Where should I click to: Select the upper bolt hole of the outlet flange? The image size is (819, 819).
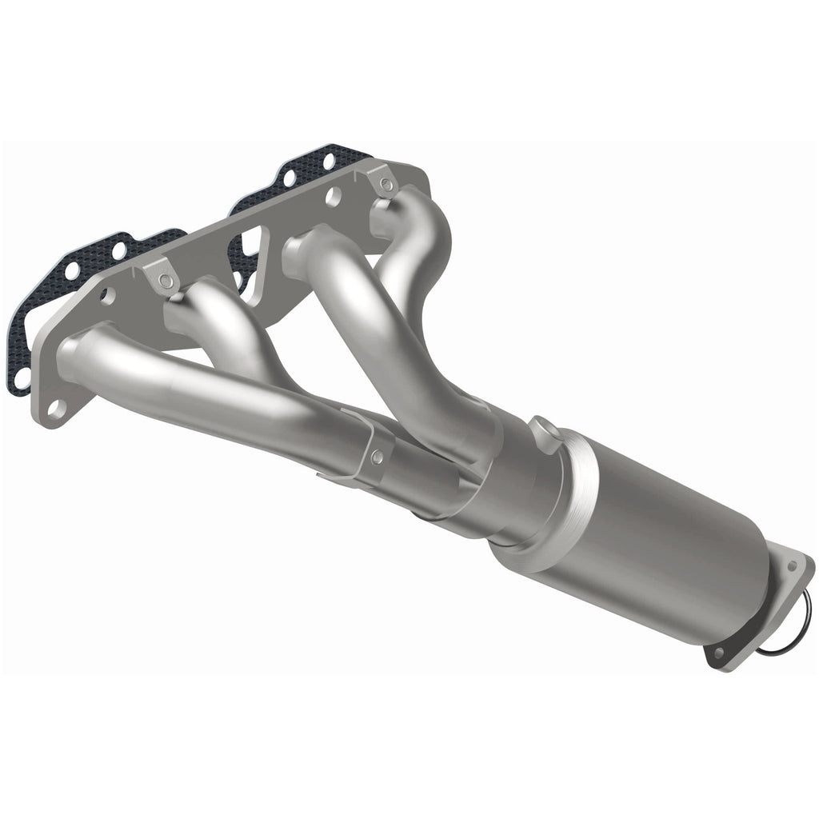click(792, 565)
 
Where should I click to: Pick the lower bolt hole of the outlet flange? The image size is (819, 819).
click(718, 653)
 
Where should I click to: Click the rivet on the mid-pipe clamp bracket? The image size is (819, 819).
click(375, 457)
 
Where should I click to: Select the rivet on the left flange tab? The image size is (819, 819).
click(165, 279)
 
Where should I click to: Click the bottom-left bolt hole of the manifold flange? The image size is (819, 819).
click(55, 409)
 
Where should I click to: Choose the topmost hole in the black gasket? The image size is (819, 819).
click(327, 161)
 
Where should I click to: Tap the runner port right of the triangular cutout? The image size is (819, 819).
click(308, 248)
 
